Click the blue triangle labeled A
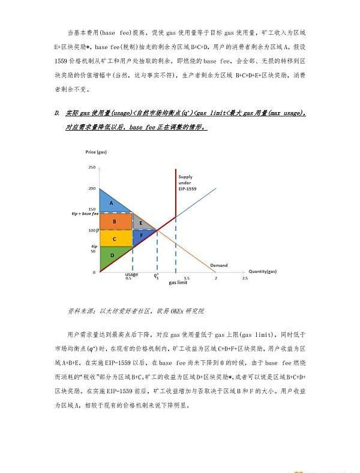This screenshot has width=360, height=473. [x=111, y=203]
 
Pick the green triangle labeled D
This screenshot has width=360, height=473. [x=111, y=257]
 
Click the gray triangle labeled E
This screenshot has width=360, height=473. [x=140, y=222]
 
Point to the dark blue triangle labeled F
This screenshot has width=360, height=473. [x=142, y=236]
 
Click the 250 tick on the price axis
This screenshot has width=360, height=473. [x=92, y=167]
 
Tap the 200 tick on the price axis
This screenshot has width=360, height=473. [x=92, y=188]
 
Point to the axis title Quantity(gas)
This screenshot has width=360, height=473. [x=262, y=272]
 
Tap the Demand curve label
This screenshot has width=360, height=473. [x=219, y=265]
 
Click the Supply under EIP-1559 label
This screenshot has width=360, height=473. [x=188, y=182]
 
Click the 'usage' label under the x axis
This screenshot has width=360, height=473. [x=131, y=275]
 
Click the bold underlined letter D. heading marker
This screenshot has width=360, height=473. [x=56, y=113]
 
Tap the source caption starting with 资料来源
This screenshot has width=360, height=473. [x=136, y=311]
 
